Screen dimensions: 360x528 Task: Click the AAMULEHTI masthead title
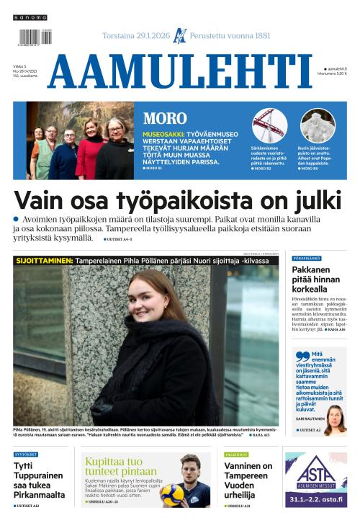(180, 71)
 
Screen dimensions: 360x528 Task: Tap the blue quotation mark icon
(300, 356)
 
